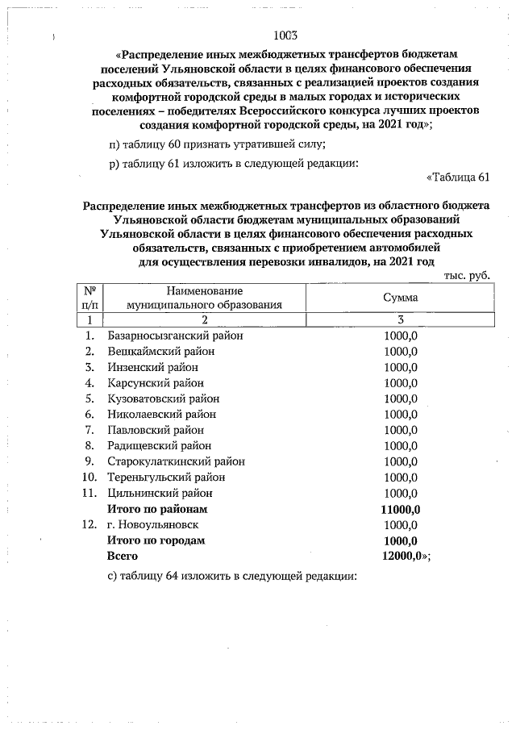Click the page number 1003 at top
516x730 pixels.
[x=286, y=35]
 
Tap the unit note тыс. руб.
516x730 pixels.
[x=467, y=275]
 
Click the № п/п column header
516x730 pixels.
[x=90, y=298]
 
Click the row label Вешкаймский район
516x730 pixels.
[x=164, y=352]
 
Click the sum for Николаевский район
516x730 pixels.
[x=400, y=415]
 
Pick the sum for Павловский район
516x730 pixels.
[x=400, y=430]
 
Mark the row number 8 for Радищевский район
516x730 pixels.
[x=90, y=446]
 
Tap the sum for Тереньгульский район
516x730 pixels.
[x=400, y=478]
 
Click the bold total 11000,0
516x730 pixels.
[x=400, y=509]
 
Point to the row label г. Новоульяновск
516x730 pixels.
[x=156, y=524]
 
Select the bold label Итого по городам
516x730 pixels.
[x=156, y=540]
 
